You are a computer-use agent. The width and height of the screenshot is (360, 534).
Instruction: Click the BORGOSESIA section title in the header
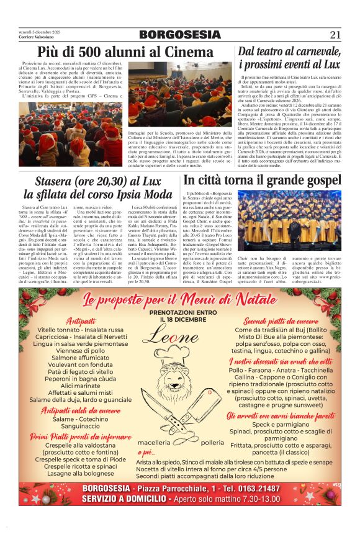tap(179, 35)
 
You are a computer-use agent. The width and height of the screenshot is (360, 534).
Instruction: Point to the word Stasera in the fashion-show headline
tap(57, 181)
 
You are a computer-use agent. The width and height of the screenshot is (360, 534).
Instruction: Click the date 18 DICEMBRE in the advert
tap(180, 319)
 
